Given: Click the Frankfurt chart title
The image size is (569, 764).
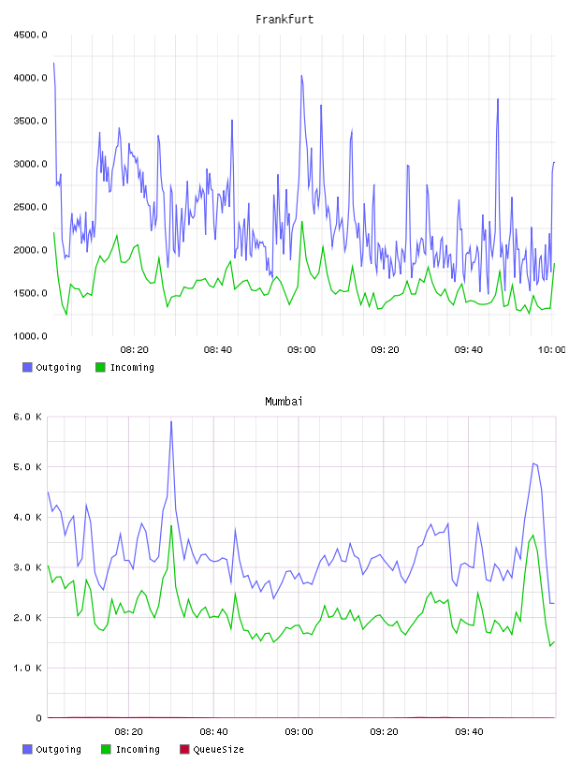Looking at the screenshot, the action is pyautogui.click(x=284, y=20).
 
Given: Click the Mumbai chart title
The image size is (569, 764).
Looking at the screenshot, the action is pyautogui.click(x=284, y=402).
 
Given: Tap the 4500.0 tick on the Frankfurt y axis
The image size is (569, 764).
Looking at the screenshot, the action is pyautogui.click(x=30, y=35).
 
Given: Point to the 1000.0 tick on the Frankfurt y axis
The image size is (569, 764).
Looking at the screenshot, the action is pyautogui.click(x=30, y=336).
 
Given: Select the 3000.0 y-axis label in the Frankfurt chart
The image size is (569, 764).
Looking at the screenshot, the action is pyautogui.click(x=30, y=164).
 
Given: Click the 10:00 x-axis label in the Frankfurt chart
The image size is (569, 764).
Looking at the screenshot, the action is pyautogui.click(x=552, y=350).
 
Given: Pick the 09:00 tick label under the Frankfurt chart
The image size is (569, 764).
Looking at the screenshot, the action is pyautogui.click(x=301, y=350).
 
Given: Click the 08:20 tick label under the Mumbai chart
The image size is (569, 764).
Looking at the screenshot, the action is pyautogui.click(x=128, y=732).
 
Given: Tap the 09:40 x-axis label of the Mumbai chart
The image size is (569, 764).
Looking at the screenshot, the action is pyautogui.click(x=469, y=732).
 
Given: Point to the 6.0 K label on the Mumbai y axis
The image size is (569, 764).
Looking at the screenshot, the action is pyautogui.click(x=27, y=417).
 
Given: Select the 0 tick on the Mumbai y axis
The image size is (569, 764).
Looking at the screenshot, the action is pyautogui.click(x=38, y=718).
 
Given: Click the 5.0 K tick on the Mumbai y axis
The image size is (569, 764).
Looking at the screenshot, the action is pyautogui.click(x=27, y=467).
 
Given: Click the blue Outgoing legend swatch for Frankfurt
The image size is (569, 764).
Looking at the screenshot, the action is pyautogui.click(x=27, y=367).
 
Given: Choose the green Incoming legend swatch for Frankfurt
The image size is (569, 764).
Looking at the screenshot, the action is pyautogui.click(x=100, y=367).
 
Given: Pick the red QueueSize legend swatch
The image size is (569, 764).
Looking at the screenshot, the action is pyautogui.click(x=184, y=749).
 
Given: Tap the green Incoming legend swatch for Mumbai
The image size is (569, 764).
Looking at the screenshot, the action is pyautogui.click(x=106, y=749).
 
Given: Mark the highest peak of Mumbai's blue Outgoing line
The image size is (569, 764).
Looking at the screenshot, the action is pyautogui.click(x=171, y=422).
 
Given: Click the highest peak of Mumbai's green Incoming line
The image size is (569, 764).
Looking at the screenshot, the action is pyautogui.click(x=171, y=526).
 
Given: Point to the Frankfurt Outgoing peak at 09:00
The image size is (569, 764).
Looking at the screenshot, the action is pyautogui.click(x=301, y=76).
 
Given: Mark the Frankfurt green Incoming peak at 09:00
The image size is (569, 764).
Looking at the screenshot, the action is pyautogui.click(x=301, y=222).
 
